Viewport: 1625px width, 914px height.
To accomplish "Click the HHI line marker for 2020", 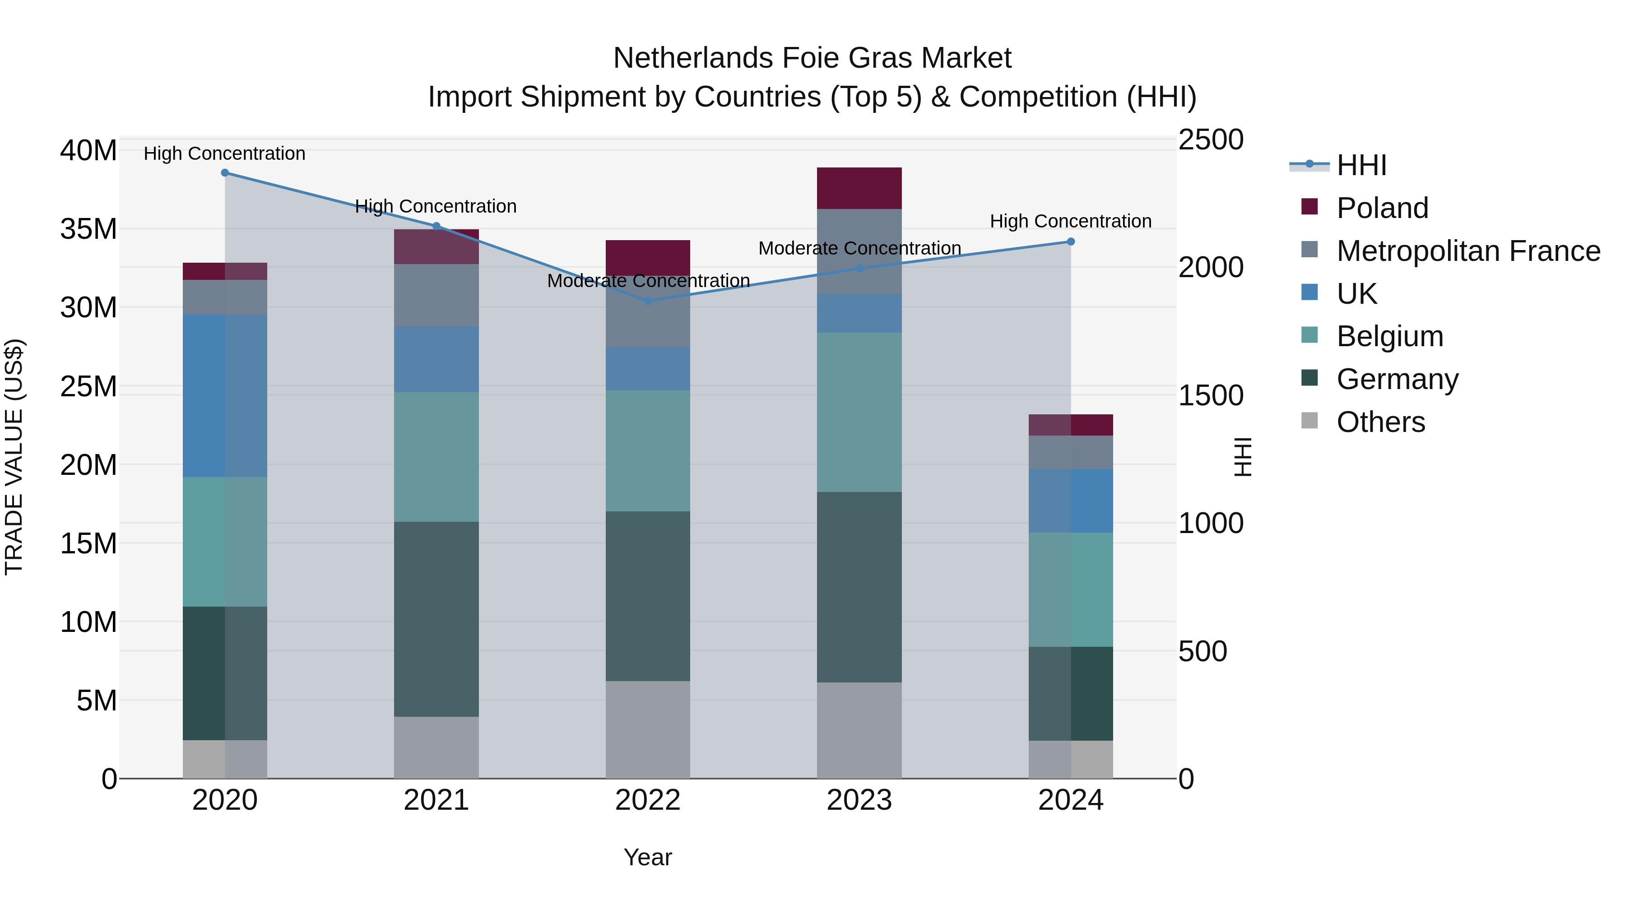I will pyautogui.click(x=225, y=173).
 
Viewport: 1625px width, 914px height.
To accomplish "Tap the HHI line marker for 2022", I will pyautogui.click(x=648, y=301).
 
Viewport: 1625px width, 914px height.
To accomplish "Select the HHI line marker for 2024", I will pyautogui.click(x=1071, y=241).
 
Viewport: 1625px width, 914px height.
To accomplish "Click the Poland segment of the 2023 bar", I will pyautogui.click(x=859, y=188).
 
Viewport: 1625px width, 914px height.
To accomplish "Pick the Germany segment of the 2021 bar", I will pyautogui.click(x=436, y=618).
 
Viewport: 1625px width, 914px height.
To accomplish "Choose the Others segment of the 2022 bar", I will pyautogui.click(x=648, y=729).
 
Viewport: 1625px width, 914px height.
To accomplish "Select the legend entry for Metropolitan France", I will pyautogui.click(x=1467, y=251).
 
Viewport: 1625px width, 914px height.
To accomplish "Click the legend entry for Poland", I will pyautogui.click(x=1382, y=208).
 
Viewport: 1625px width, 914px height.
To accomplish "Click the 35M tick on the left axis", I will pyautogui.click(x=88, y=228).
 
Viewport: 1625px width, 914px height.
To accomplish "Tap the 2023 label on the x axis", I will pyautogui.click(x=859, y=800).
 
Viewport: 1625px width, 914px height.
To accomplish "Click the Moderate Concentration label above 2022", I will pyautogui.click(x=648, y=281).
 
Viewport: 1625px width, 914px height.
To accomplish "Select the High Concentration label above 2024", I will pyautogui.click(x=1071, y=222).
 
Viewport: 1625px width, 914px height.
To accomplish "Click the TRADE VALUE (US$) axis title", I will pyautogui.click(x=14, y=457).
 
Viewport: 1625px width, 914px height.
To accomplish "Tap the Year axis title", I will pyautogui.click(x=648, y=857).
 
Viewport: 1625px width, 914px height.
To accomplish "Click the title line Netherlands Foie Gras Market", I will pyautogui.click(x=812, y=58).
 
